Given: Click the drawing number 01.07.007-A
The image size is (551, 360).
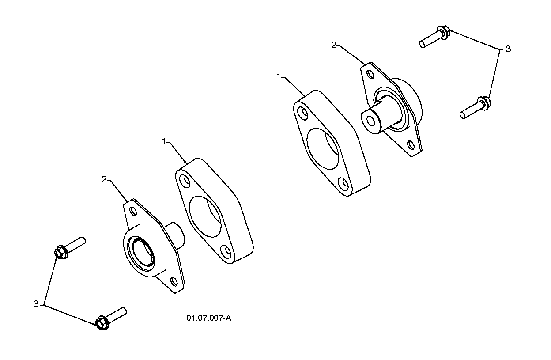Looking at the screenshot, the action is tap(209, 318).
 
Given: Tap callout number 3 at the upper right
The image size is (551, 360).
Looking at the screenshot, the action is tap(508, 49).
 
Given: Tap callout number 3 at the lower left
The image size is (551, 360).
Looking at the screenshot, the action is tap(36, 304).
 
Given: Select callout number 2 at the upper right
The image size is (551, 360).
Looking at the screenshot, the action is tap(333, 45).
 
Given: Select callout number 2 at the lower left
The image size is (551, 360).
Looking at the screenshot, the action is tap(104, 179).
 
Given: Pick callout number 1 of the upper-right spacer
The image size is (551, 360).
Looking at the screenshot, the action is tap(279, 76).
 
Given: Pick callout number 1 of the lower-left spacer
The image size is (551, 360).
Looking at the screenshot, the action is tap(164, 141).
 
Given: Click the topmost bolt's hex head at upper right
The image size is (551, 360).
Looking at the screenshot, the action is tap(444, 32).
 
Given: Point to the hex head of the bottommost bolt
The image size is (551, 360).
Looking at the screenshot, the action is tap(102, 322).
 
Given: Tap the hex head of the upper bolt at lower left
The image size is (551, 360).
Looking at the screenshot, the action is tap(61, 252).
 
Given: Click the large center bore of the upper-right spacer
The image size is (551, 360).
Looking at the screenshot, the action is tap(323, 148).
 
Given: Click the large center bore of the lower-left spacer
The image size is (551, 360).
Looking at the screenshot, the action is tap(205, 216).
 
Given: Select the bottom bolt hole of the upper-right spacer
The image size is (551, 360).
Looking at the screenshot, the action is tap(343, 184).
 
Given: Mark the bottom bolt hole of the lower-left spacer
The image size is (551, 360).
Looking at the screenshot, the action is tap(226, 252).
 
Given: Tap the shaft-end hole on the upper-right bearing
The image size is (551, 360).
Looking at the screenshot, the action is tap(370, 120).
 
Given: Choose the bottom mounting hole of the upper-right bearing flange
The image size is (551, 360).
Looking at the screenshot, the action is tap(411, 145).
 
